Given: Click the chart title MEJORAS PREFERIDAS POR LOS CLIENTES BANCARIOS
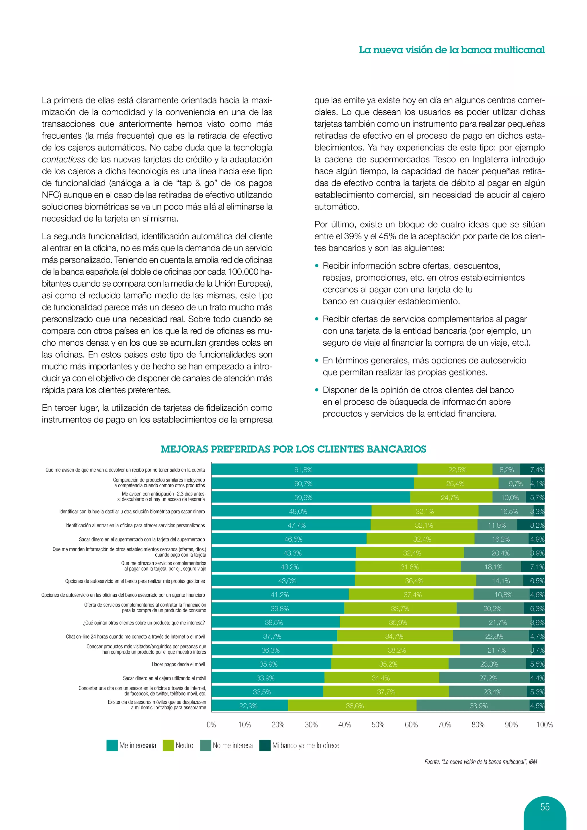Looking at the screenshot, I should click(x=293, y=449).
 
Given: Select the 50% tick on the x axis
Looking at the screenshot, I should click(x=378, y=725).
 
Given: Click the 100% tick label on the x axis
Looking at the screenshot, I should click(x=544, y=725).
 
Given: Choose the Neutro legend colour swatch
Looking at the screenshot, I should click(x=169, y=745).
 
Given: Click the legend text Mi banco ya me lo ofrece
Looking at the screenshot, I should click(x=306, y=745).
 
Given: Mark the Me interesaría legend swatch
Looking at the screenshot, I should click(x=112, y=745).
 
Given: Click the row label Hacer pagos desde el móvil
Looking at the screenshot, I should click(x=178, y=664).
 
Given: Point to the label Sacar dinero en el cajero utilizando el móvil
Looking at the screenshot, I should click(x=165, y=678).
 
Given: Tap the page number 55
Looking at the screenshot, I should click(x=545, y=807).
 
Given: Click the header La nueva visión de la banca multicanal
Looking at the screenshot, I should click(x=451, y=50).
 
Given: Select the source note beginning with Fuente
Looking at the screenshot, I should click(x=480, y=762).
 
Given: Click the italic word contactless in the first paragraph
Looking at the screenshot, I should click(x=63, y=159).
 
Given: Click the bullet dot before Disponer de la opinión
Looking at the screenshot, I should click(x=317, y=390).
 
